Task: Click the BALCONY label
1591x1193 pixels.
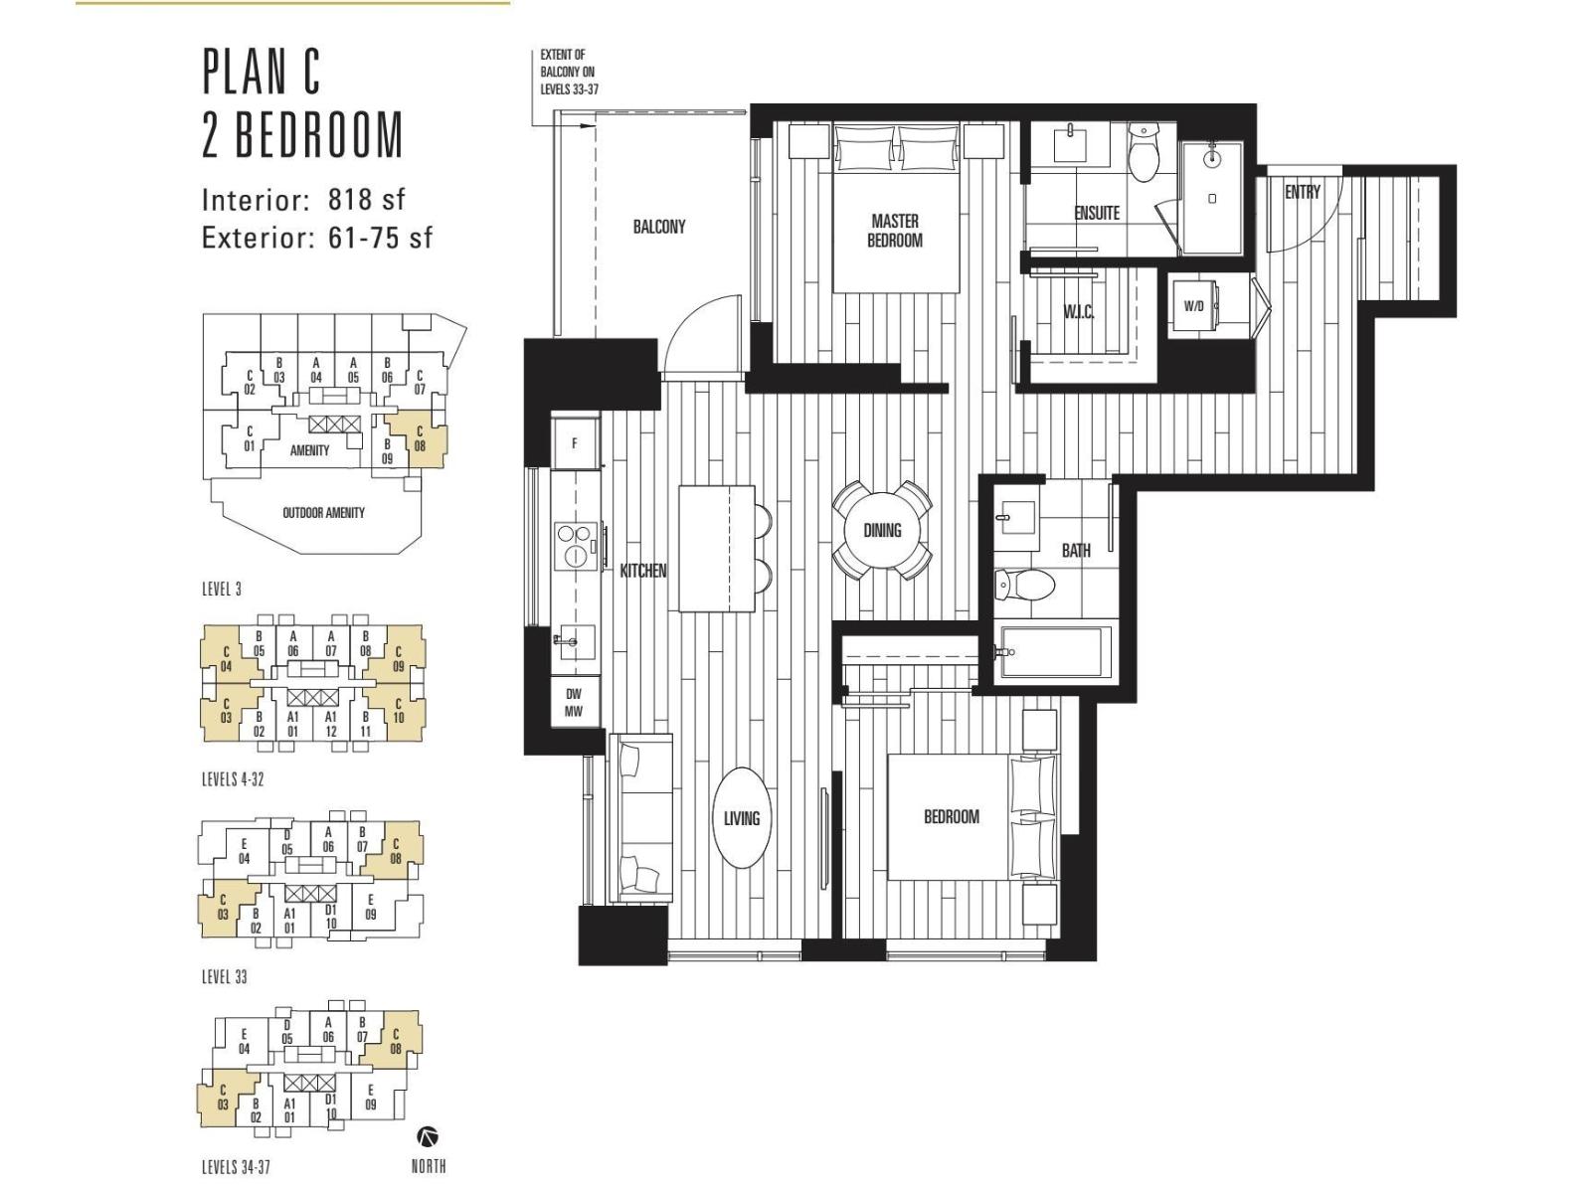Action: click(659, 227)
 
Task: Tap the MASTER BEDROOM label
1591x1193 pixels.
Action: click(895, 231)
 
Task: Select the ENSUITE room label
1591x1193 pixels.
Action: click(1097, 213)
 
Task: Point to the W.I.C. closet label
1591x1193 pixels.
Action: click(1079, 312)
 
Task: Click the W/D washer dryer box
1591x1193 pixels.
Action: click(1194, 305)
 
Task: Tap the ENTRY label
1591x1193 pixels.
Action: click(1303, 192)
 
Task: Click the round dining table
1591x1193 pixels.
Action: click(882, 530)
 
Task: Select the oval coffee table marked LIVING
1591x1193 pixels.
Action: click(742, 818)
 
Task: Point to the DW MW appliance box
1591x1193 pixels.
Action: click(574, 702)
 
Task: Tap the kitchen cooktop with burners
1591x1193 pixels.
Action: click(576, 544)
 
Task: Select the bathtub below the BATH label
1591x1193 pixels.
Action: click(1055, 652)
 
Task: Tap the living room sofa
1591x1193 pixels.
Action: click(640, 818)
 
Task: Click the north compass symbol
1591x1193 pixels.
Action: click(428, 1135)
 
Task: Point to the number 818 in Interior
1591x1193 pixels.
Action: click(349, 199)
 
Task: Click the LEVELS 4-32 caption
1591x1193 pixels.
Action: click(233, 779)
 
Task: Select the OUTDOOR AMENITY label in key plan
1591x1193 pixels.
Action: click(323, 513)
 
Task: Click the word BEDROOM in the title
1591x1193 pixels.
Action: click(319, 135)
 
